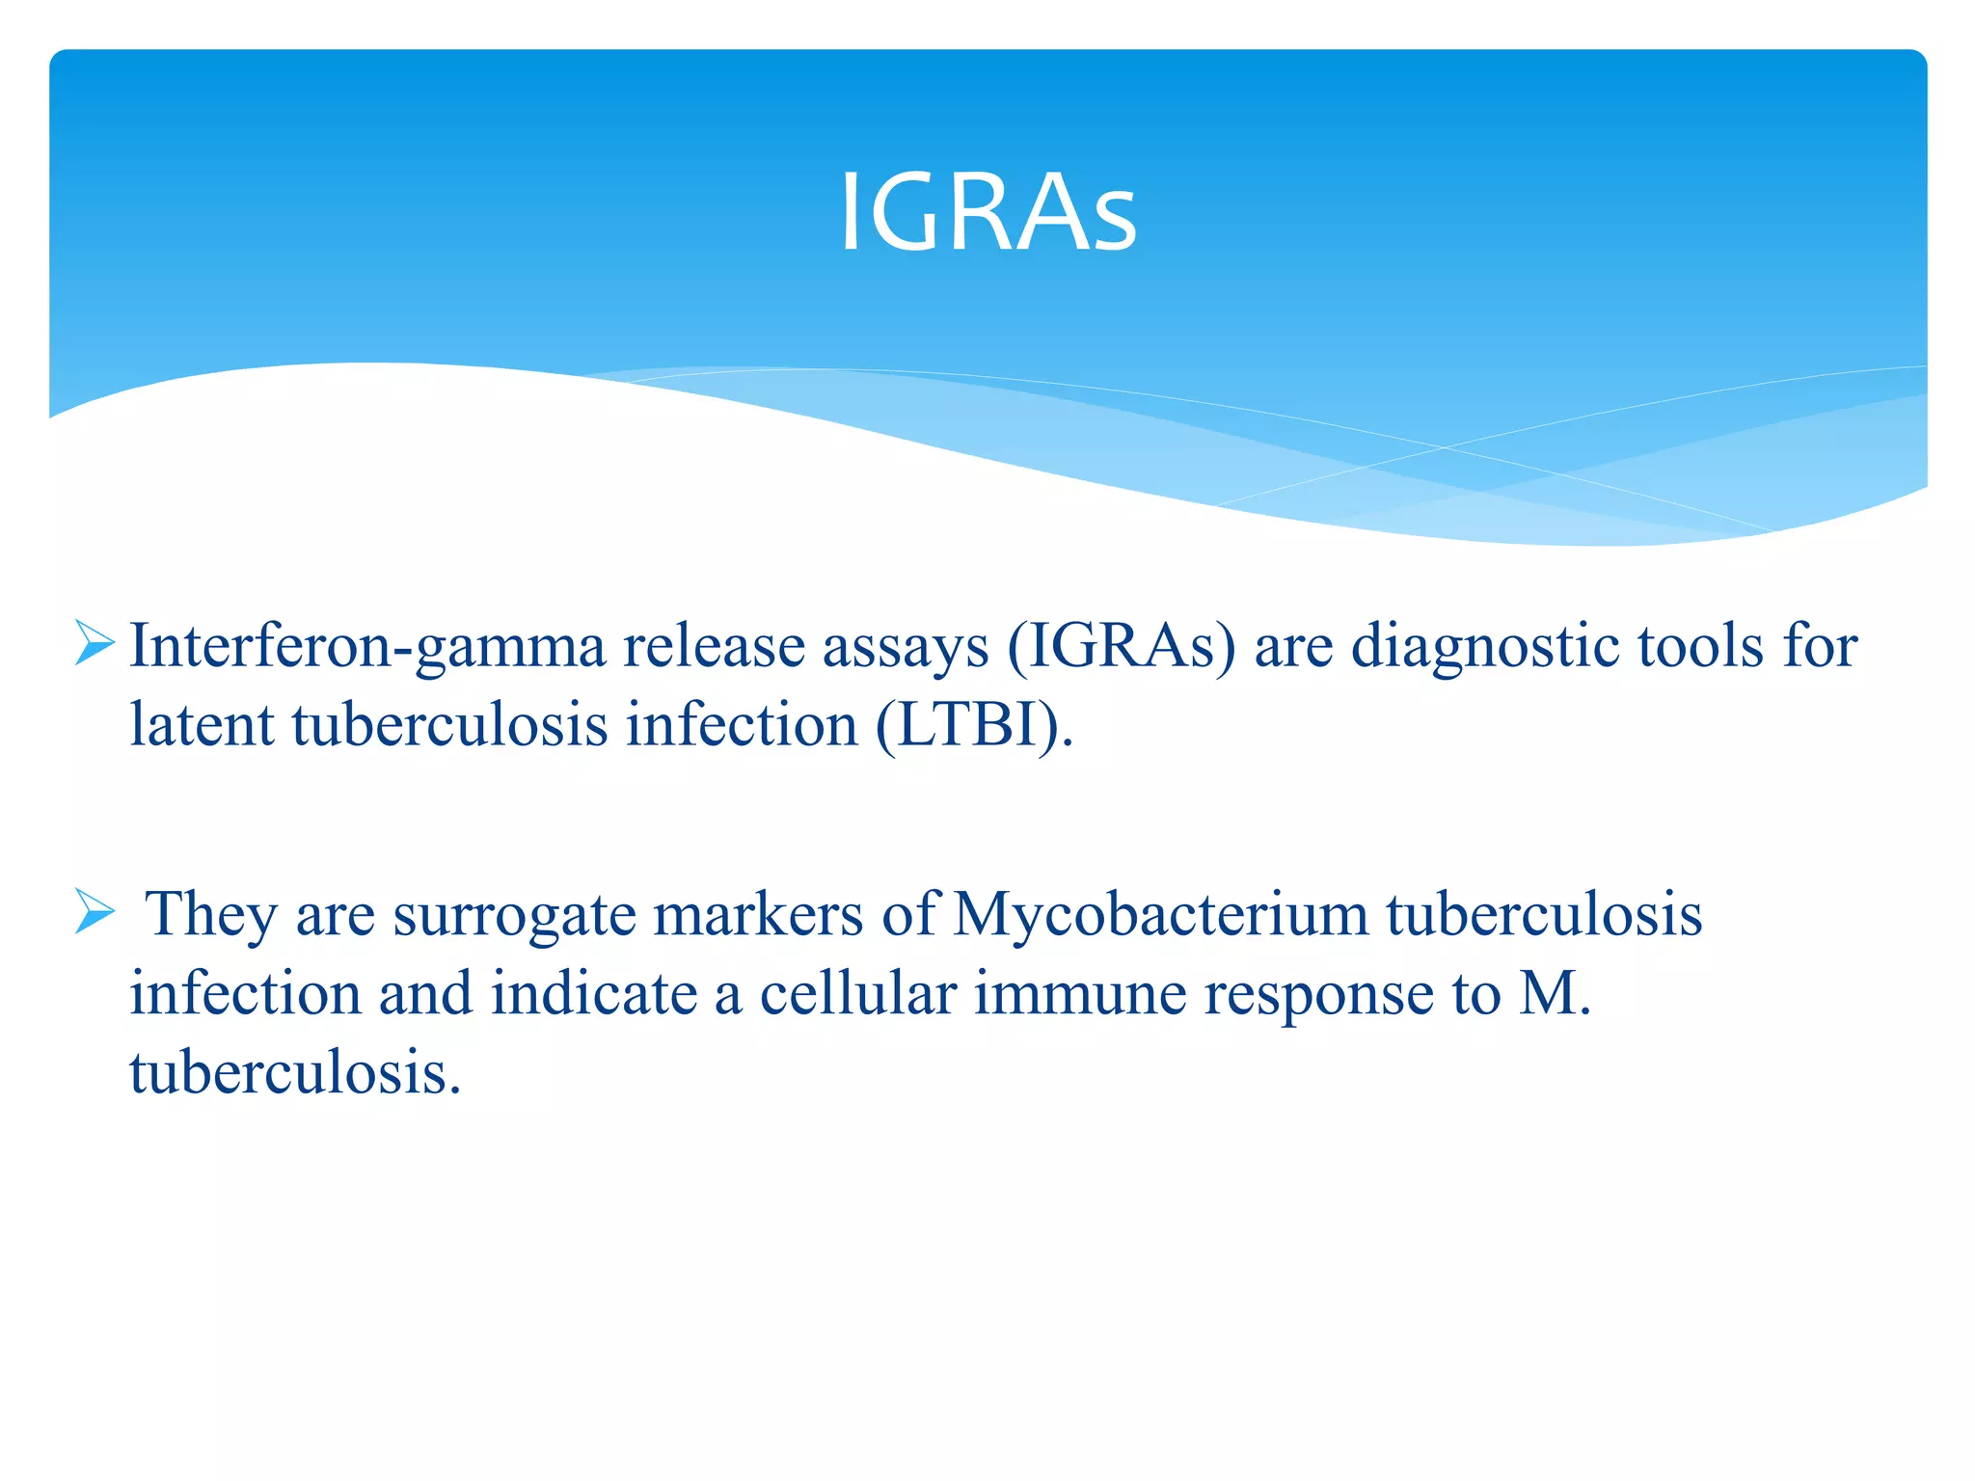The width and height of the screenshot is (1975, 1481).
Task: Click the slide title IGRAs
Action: (x=987, y=212)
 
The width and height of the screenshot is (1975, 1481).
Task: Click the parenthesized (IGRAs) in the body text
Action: (x=1121, y=647)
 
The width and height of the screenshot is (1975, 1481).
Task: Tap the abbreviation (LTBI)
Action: (x=974, y=726)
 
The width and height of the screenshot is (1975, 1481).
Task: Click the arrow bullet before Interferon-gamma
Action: (x=95, y=644)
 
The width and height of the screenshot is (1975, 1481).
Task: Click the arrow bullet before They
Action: (x=95, y=911)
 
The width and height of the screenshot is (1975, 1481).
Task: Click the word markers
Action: (x=758, y=913)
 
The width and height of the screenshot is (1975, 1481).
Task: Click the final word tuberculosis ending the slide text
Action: (x=295, y=1071)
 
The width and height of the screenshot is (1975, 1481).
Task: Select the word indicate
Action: (x=594, y=992)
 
